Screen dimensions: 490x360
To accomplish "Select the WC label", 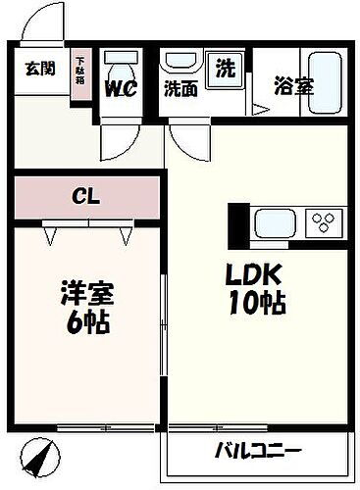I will click(x=122, y=88).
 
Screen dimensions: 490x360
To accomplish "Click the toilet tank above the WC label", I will click(x=122, y=56).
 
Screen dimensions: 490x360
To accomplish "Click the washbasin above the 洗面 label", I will click(x=180, y=59).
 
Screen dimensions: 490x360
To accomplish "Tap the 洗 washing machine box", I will click(x=226, y=71).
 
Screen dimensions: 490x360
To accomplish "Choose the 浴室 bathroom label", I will click(x=293, y=86).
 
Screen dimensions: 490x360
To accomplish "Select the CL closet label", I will click(x=87, y=196).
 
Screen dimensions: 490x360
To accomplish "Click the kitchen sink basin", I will click(x=276, y=223).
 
